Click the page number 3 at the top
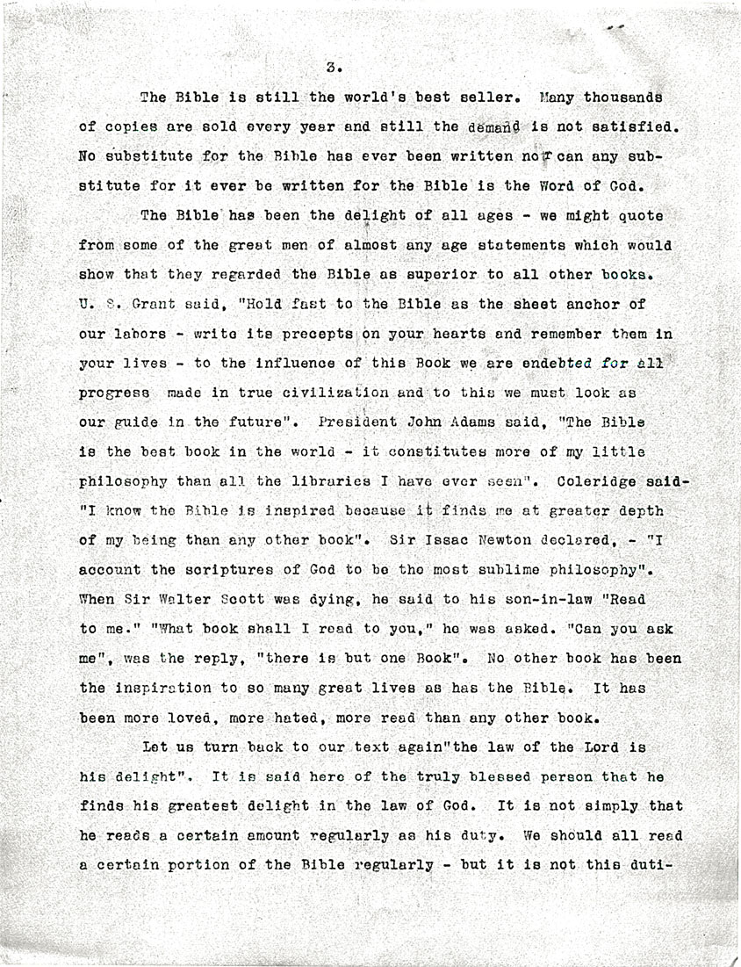point(331,66)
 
